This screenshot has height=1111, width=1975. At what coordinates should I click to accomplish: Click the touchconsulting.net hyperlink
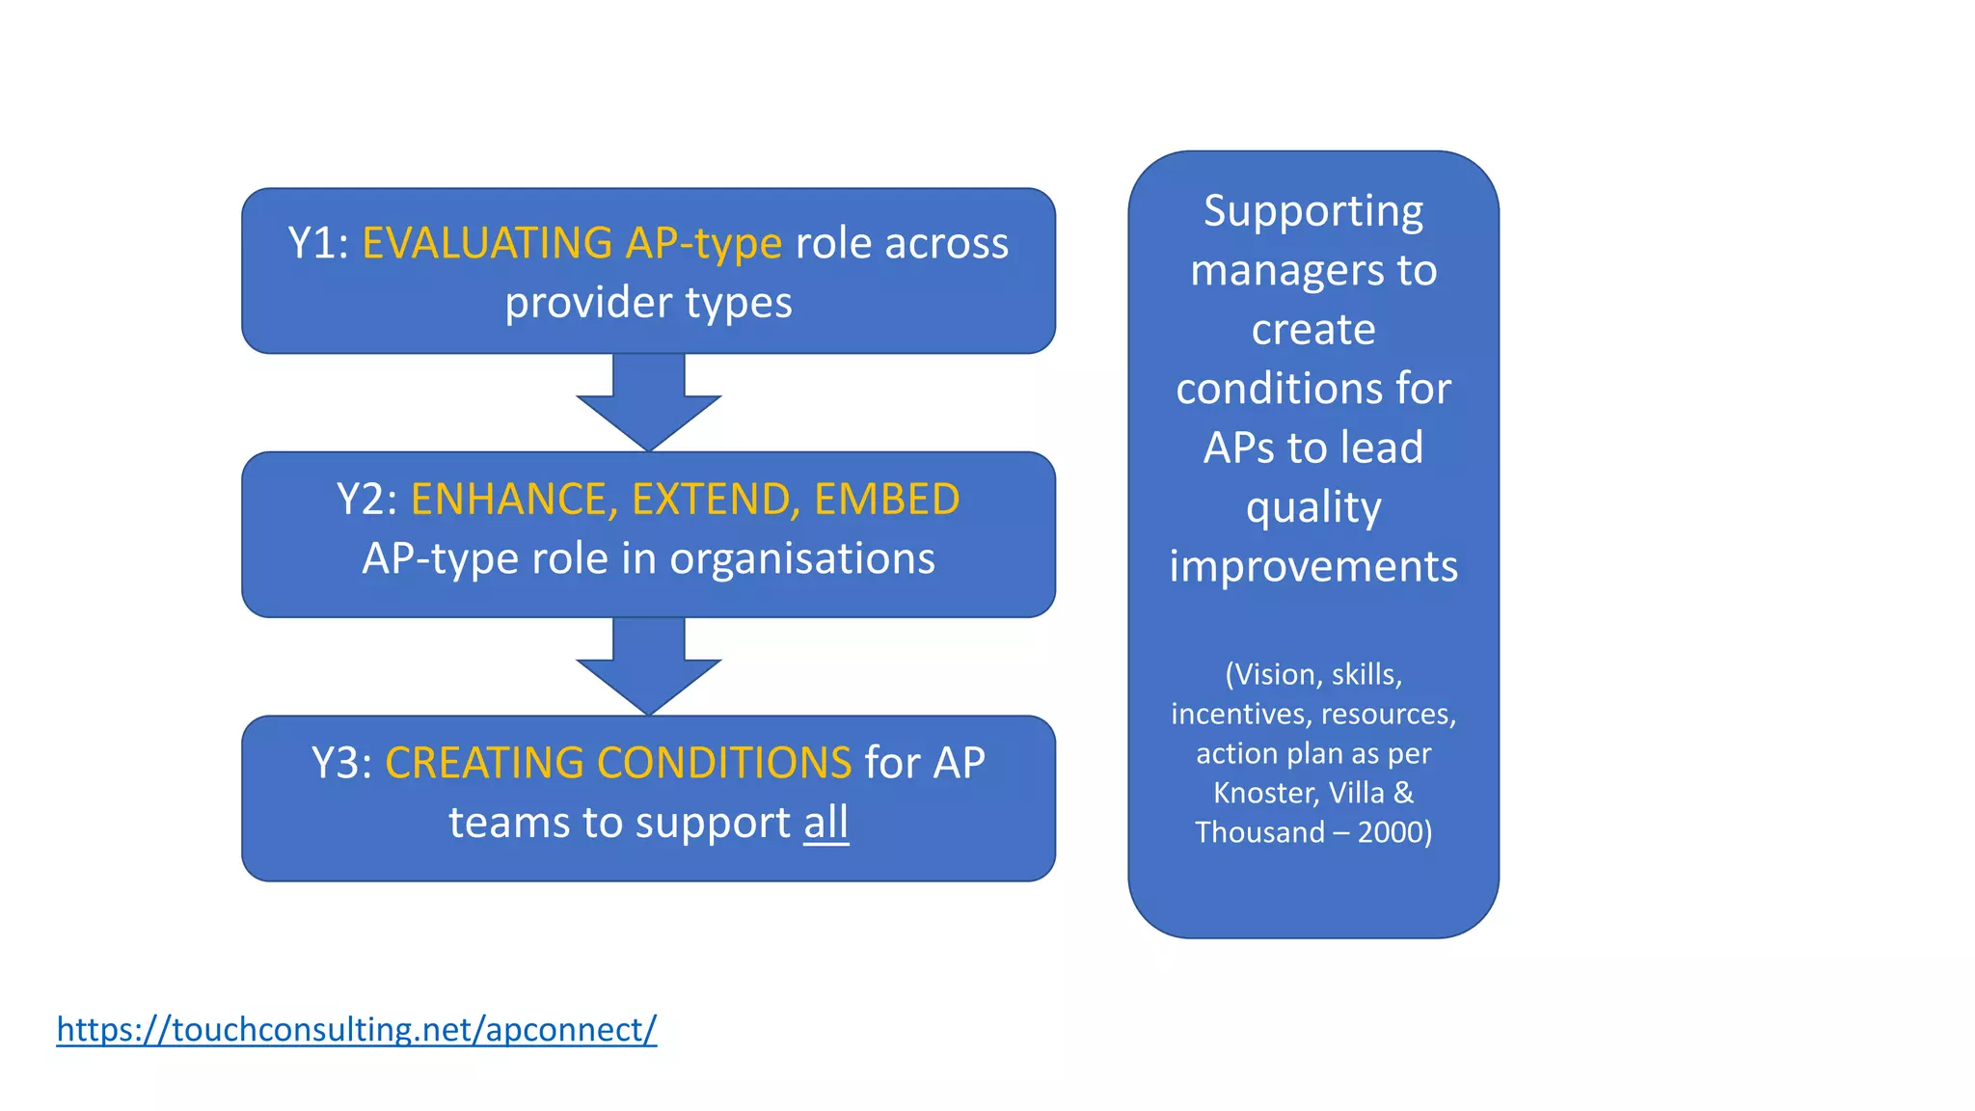point(356,1030)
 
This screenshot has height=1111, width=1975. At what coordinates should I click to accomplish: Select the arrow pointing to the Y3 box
point(648,666)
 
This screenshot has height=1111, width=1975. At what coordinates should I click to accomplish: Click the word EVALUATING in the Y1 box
point(487,243)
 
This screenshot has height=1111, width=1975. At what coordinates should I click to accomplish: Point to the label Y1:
point(318,243)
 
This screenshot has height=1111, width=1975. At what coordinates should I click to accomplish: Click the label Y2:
point(366,500)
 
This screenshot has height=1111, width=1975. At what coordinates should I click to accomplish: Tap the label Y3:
point(341,763)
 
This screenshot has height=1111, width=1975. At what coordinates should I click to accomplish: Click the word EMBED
point(886,500)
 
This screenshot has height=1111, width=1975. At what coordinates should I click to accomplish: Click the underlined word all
point(826,823)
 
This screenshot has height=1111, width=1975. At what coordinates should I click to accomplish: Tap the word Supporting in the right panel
point(1312,212)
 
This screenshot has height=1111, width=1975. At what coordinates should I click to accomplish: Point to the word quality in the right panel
point(1313,508)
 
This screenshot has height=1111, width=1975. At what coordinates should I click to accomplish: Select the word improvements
point(1313,566)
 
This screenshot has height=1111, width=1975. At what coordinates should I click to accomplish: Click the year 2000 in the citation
point(1390,832)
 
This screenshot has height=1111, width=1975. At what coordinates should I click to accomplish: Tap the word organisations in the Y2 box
point(802,558)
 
